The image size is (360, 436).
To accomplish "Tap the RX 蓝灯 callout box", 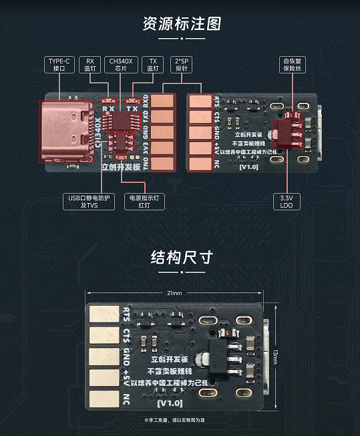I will tap(90, 64).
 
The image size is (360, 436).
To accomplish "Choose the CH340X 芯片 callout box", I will tap(121, 64).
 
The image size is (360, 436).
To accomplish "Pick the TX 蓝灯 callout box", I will tap(153, 64).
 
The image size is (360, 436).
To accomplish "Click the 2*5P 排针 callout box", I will tap(182, 64).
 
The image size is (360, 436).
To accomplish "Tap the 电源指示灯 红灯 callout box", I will tap(144, 201).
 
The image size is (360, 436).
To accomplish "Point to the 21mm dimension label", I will tap(174, 293).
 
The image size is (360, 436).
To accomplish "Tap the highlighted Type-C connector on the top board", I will tap(67, 132).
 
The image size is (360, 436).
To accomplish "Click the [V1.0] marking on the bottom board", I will tap(170, 403).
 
